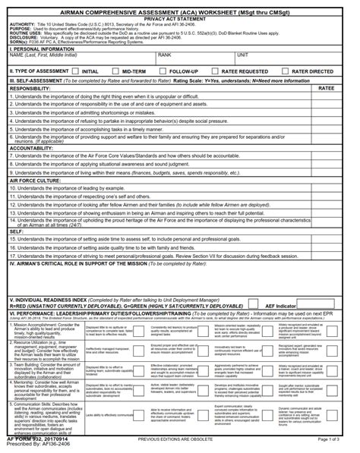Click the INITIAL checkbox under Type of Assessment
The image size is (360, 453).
point(75,71)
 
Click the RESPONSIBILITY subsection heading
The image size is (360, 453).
point(30,89)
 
